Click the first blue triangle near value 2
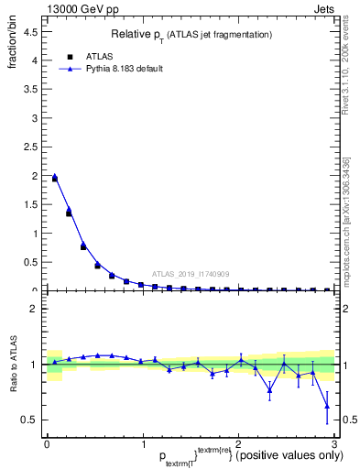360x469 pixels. pos(54,177)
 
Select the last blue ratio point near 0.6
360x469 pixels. pos(327,406)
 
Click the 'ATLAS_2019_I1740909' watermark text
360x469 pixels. pos(190,274)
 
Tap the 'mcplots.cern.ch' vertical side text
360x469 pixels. pos(345,234)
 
